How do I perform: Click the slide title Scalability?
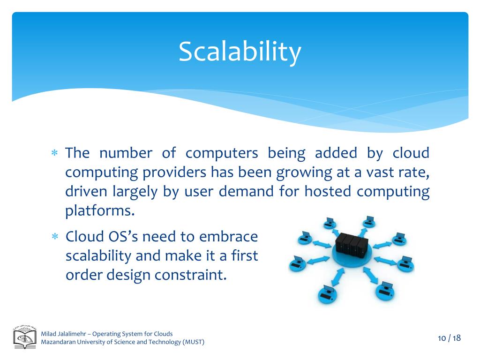[x=240, y=52]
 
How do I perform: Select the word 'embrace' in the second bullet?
[x=228, y=236]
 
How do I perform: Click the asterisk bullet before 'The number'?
[x=54, y=154]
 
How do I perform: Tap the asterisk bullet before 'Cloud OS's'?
[x=54, y=237]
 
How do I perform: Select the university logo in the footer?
[x=25, y=338]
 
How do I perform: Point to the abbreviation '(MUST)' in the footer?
[x=194, y=342]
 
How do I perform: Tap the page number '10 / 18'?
[x=449, y=338]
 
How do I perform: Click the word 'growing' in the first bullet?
[x=303, y=173]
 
